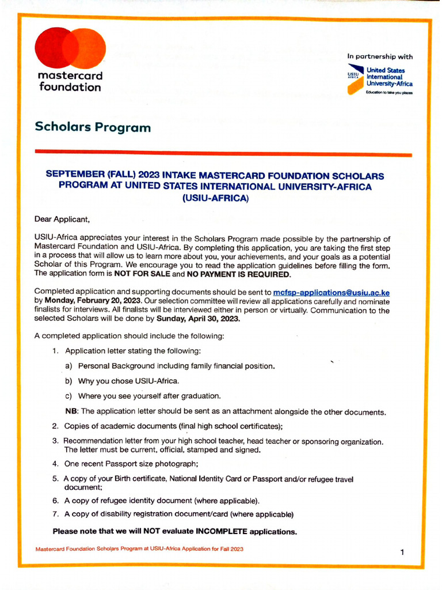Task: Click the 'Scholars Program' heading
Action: pos(93,127)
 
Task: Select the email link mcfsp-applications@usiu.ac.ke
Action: pos(331,292)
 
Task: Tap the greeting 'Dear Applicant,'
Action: pos(62,219)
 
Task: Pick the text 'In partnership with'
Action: pos(379,56)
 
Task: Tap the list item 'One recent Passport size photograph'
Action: pos(131,463)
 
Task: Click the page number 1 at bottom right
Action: pos(402,552)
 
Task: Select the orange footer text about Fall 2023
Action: pos(139,549)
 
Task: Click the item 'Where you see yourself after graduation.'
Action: pos(149,396)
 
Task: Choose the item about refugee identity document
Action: pos(162,500)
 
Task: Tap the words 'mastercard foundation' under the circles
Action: pos(70,82)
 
